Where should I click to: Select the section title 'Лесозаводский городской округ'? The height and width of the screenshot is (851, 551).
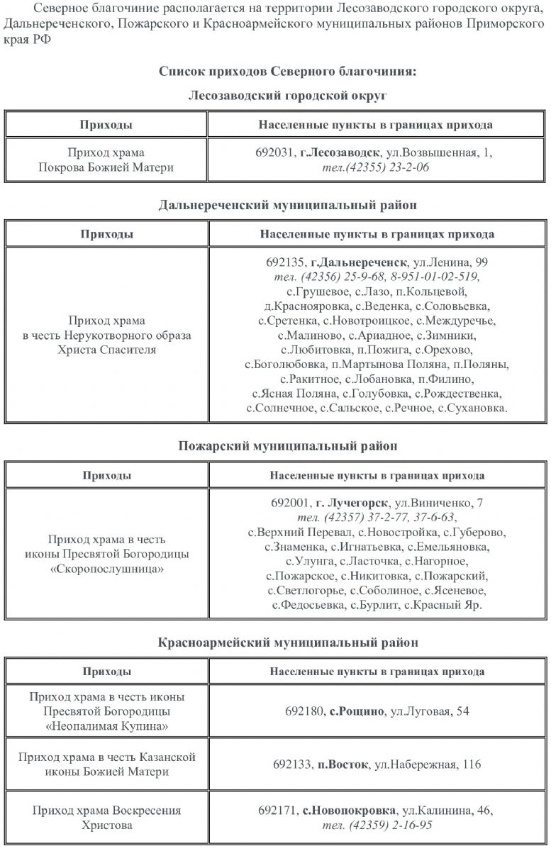pyautogui.click(x=288, y=95)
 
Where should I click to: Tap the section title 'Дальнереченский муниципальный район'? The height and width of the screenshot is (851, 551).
pyautogui.click(x=287, y=205)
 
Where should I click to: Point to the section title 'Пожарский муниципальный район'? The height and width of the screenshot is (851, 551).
pyautogui.click(x=287, y=446)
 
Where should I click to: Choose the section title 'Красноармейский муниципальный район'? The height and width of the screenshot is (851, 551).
pyautogui.click(x=287, y=643)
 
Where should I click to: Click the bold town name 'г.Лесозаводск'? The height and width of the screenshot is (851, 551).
pyautogui.click(x=340, y=152)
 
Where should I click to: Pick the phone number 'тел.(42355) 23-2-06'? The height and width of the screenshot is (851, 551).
pyautogui.click(x=376, y=167)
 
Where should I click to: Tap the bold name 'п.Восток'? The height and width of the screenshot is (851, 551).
pyautogui.click(x=343, y=764)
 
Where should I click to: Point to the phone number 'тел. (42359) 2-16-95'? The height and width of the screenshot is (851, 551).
pyautogui.click(x=377, y=825)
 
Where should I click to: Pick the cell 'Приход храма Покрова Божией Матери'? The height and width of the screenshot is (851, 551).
pyautogui.click(x=106, y=160)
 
